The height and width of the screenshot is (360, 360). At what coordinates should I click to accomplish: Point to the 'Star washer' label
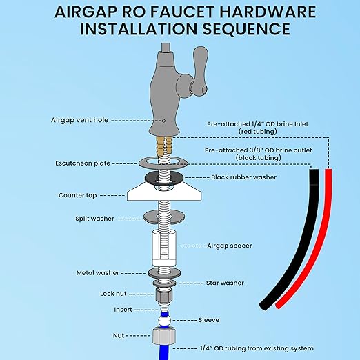(225, 283)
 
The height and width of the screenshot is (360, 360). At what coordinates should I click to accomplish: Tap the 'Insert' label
(123, 310)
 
